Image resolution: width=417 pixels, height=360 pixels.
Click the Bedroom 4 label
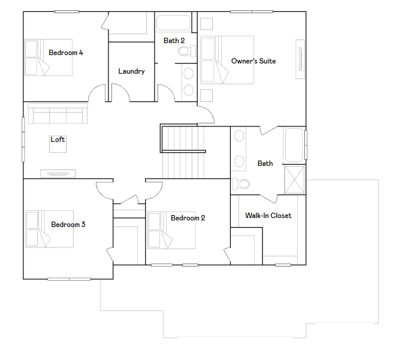(x=66, y=53)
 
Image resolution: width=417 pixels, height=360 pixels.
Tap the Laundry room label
(x=131, y=71)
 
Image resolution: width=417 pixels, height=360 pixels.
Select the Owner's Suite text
(x=253, y=61)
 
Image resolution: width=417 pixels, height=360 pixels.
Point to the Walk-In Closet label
(x=268, y=216)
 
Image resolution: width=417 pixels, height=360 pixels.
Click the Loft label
(x=58, y=140)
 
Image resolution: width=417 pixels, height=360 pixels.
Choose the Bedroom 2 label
(x=188, y=218)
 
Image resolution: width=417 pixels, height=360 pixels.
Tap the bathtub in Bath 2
(x=174, y=23)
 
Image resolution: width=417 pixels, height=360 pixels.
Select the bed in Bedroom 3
(x=49, y=229)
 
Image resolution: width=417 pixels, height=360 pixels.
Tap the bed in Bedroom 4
(x=48, y=58)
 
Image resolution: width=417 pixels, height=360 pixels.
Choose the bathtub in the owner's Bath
(x=294, y=145)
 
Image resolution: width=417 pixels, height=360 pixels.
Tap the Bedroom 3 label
(x=68, y=225)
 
